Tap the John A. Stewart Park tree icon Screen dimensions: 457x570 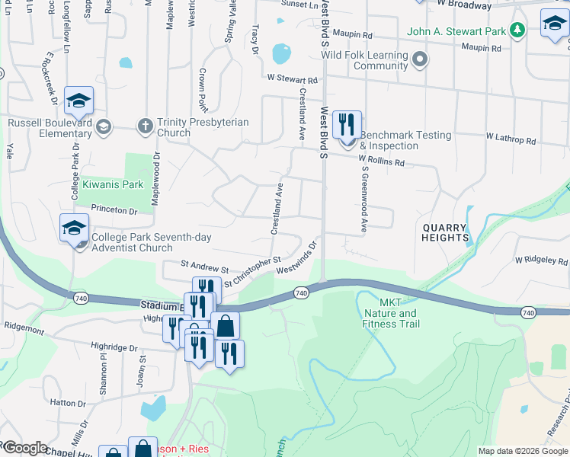(x=518, y=30)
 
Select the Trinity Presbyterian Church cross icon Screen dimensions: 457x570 (x=146, y=125)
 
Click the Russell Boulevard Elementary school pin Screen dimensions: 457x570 (x=78, y=101)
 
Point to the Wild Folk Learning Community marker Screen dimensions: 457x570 (x=419, y=59)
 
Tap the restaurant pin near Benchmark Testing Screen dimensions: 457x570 (x=347, y=124)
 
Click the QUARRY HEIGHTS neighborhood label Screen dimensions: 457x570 (x=445, y=232)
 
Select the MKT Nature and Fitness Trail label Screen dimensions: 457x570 (x=390, y=313)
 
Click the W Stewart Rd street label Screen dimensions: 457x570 (x=292, y=79)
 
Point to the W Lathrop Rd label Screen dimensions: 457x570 (x=511, y=140)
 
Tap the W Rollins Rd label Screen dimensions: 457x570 (x=381, y=161)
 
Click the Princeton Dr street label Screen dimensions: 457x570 (x=114, y=209)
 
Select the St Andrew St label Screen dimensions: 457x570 (x=204, y=269)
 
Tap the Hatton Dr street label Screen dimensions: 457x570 (x=69, y=402)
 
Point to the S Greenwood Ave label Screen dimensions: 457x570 (x=364, y=200)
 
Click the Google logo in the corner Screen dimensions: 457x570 (x=24, y=448)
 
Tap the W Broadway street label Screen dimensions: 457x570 (x=465, y=5)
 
